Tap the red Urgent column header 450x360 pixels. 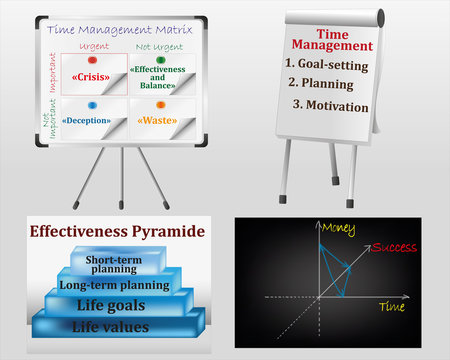click(x=92, y=46)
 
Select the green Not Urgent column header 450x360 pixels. click(x=160, y=46)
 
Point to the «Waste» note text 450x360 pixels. click(x=161, y=121)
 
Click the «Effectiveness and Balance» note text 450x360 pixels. click(x=161, y=78)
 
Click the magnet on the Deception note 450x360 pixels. click(x=92, y=105)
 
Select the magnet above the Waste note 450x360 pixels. click(x=161, y=105)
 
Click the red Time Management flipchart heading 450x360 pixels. click(x=332, y=38)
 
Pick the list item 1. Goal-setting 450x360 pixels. click(x=326, y=64)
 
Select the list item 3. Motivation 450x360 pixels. click(x=331, y=103)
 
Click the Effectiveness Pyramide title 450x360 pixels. click(x=117, y=231)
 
